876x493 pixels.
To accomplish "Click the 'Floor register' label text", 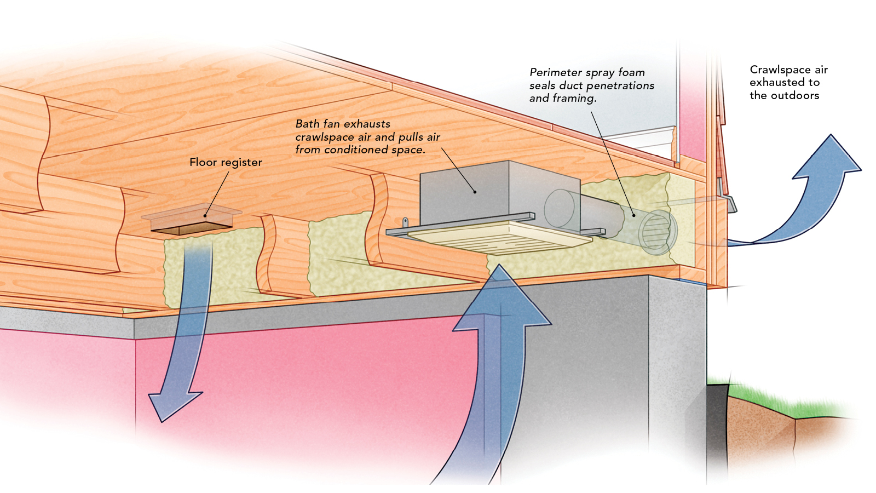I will tap(226, 162).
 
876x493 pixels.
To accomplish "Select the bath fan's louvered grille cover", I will tap(493, 237).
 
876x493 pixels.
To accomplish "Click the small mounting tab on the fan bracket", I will tap(405, 222).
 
